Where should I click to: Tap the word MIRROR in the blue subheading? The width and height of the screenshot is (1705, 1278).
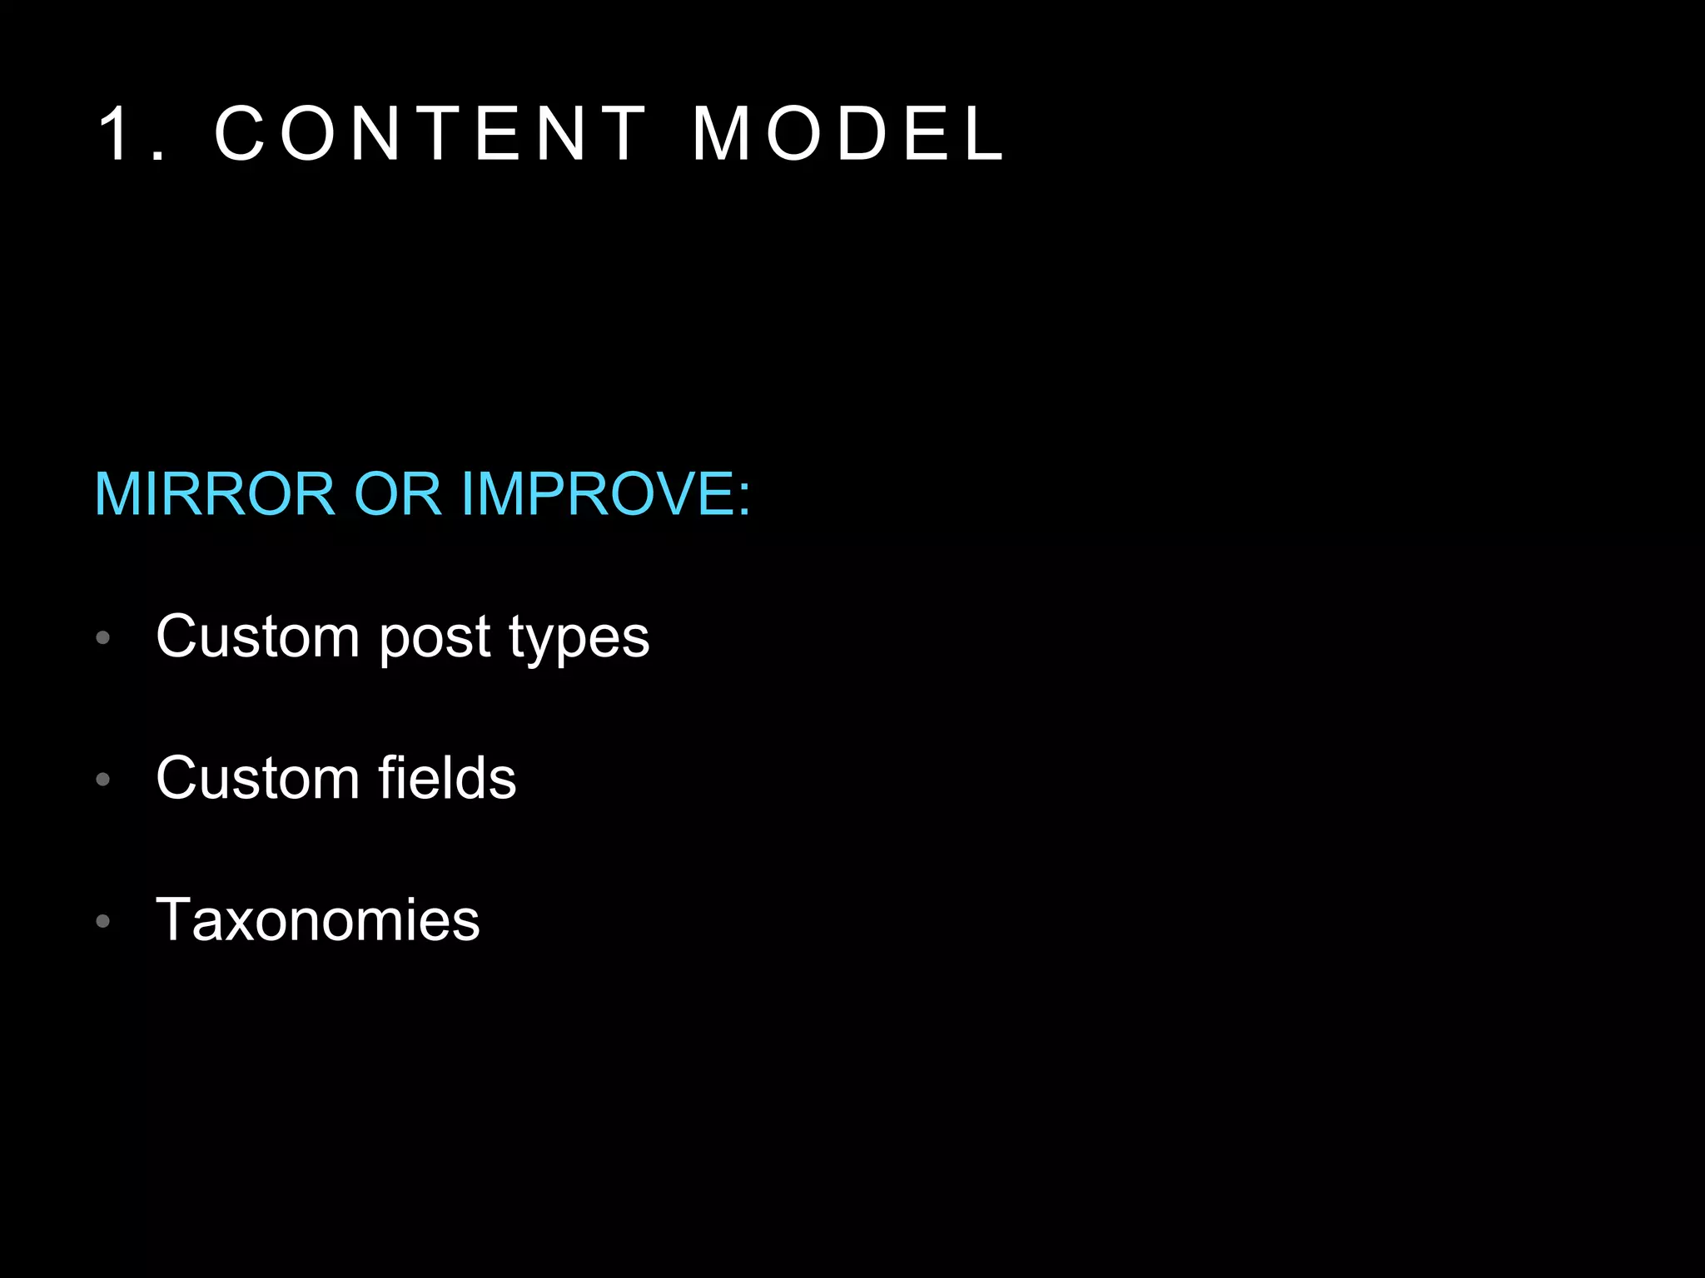pos(215,494)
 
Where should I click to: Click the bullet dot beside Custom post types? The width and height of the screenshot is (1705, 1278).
pos(103,638)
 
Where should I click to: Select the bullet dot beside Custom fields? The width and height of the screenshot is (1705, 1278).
pos(103,780)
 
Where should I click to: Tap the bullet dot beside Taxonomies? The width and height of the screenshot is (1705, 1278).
pos(103,921)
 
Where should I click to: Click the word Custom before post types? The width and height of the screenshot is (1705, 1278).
pos(258,637)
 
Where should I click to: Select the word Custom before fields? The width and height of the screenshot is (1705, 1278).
pos(258,778)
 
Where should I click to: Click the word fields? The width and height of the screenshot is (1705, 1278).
pos(447,778)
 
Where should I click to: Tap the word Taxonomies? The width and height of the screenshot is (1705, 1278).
pos(318,920)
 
